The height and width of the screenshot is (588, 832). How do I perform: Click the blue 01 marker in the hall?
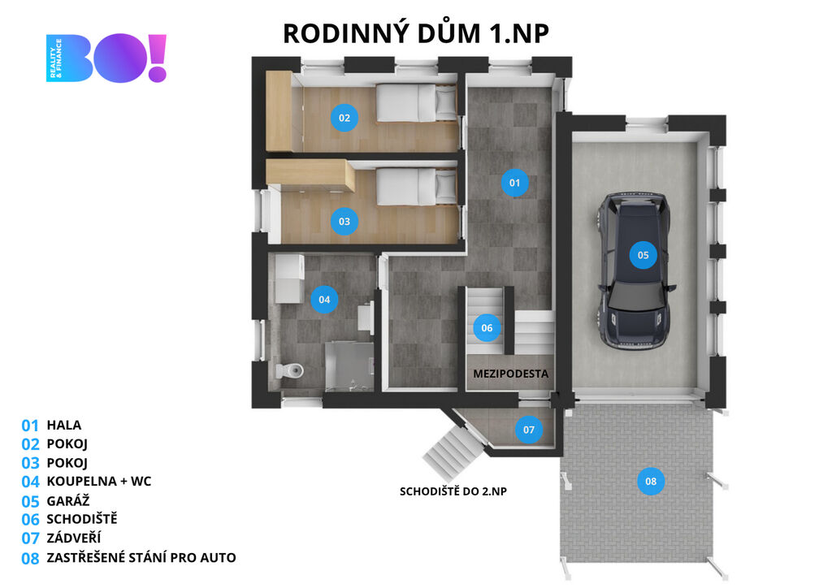[x=514, y=183]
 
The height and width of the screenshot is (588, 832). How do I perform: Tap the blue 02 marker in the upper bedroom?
[x=344, y=118]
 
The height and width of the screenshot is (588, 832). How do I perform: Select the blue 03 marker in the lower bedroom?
[x=344, y=220]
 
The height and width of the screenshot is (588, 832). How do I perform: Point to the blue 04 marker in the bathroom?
[x=324, y=300]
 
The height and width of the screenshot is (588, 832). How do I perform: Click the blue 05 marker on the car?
[x=643, y=255]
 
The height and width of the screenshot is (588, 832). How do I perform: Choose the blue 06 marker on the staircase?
[x=487, y=328]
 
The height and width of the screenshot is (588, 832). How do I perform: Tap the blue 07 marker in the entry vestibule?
[x=529, y=429]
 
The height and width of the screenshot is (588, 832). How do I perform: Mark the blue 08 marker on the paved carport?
[x=651, y=482]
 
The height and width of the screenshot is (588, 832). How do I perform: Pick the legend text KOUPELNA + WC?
[x=99, y=481]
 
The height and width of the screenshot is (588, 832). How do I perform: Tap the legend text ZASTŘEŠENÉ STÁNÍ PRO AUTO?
[x=141, y=557]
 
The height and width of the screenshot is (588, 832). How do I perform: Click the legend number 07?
[x=30, y=538]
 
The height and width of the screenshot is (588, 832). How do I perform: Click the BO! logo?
[x=106, y=58]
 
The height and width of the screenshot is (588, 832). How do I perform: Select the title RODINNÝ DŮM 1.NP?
[x=416, y=33]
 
